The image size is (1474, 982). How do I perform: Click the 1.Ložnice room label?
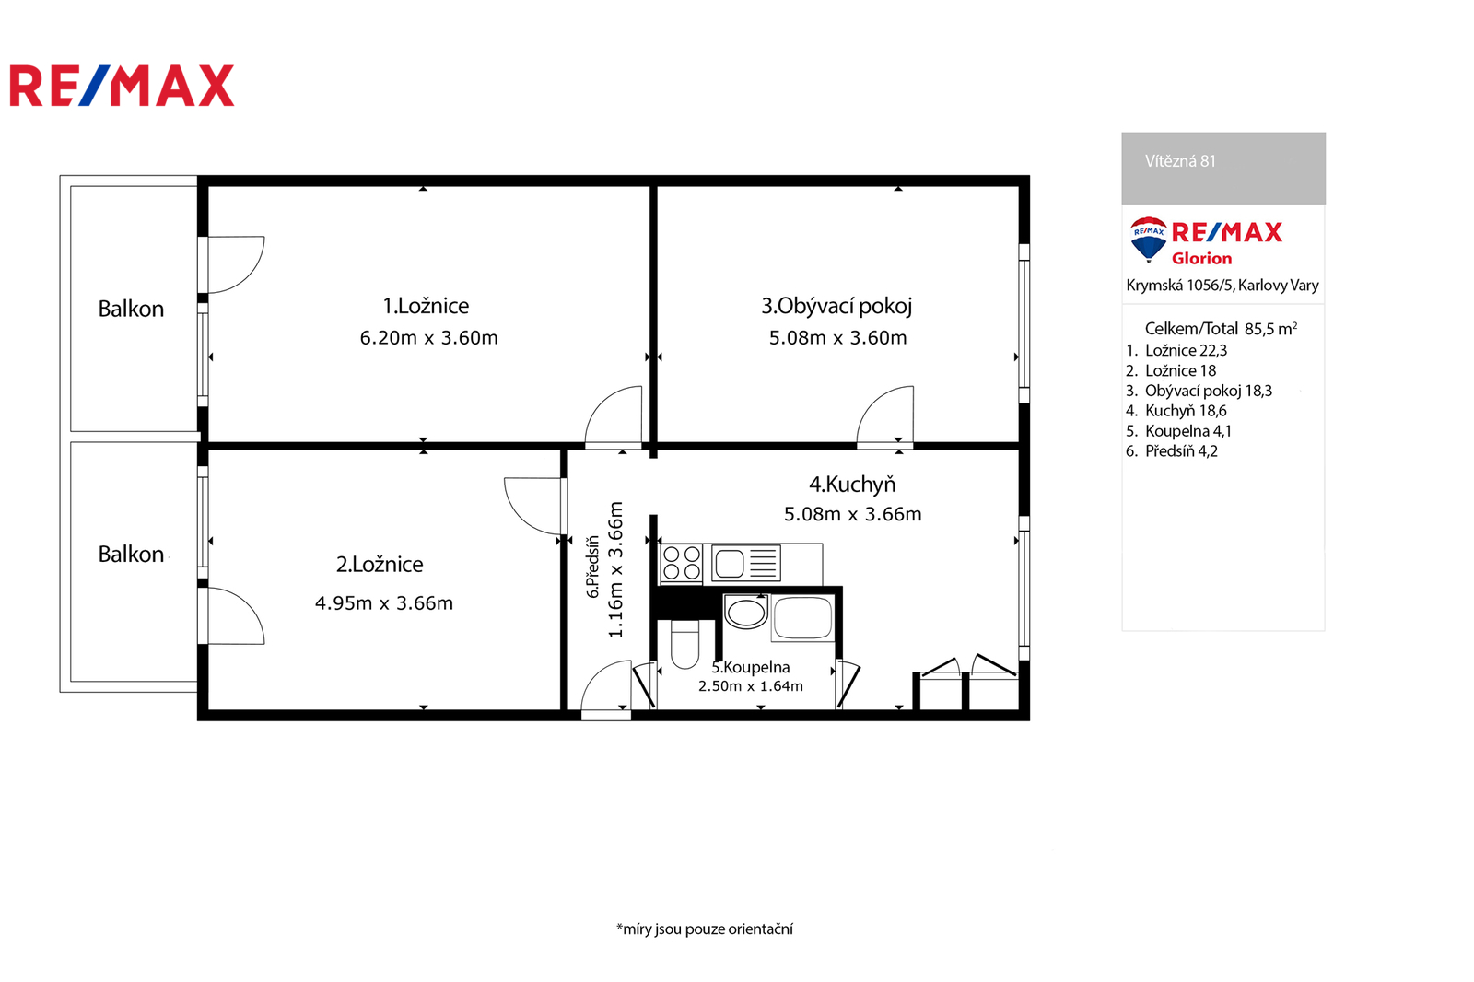coord(426,306)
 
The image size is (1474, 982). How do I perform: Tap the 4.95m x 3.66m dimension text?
coord(384,602)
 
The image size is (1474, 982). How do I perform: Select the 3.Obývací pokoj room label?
coord(836,307)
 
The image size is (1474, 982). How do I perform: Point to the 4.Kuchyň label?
coord(852,485)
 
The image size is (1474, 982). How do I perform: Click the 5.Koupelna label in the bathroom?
coord(750,667)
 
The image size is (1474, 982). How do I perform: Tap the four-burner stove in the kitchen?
coord(682,564)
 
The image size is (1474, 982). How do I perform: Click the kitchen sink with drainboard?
coord(746,564)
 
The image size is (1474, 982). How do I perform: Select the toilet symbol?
coord(685,644)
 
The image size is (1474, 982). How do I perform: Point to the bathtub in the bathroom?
coord(802,618)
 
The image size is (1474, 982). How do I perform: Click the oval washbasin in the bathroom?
coord(745,612)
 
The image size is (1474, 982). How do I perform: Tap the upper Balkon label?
coord(131,309)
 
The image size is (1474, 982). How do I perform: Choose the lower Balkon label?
coord(131,555)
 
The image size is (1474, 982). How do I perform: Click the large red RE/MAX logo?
coord(122,86)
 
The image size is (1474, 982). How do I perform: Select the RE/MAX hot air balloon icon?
coord(1148,240)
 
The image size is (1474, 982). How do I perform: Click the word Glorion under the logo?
coord(1201,259)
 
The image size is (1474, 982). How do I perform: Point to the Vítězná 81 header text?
coord(1180,161)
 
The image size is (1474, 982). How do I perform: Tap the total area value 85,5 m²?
coord(1270,329)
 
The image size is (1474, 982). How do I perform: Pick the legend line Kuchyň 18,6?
coord(1176,411)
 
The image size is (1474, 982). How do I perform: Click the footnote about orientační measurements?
coord(705,929)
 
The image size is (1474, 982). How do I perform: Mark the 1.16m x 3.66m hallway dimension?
coord(615,570)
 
